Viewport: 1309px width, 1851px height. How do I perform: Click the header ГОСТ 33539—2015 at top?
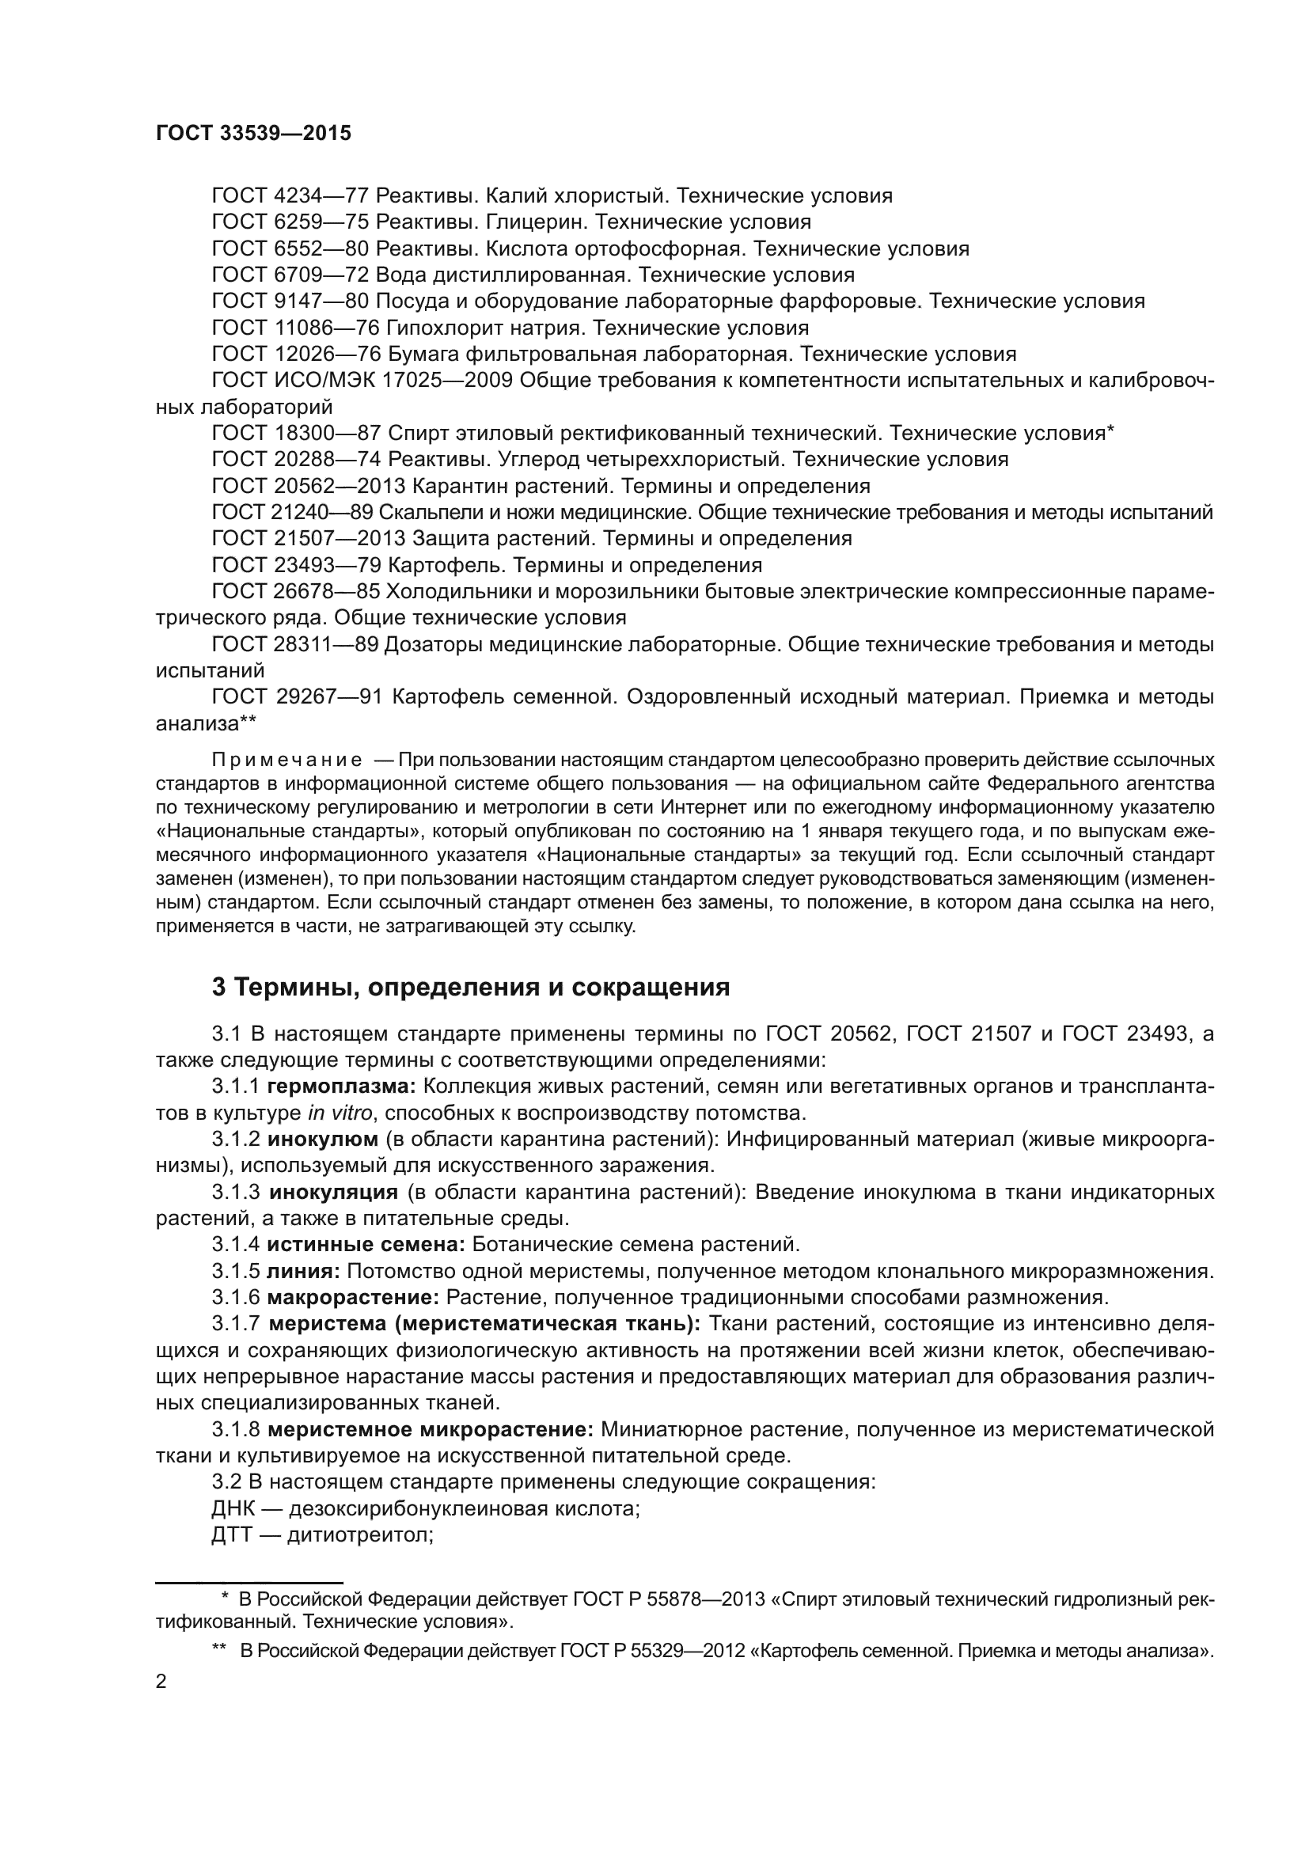pos(253,134)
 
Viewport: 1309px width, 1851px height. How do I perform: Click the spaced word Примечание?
pos(286,761)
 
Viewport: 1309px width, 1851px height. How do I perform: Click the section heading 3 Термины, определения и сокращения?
pos(470,987)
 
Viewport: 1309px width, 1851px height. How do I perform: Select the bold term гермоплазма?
pos(341,1087)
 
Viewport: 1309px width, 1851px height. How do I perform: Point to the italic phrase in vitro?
pos(340,1113)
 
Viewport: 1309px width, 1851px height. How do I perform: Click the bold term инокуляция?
pos(334,1193)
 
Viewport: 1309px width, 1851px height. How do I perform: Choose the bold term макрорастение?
pos(352,1298)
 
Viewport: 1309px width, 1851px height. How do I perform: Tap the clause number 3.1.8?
pos(235,1430)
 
